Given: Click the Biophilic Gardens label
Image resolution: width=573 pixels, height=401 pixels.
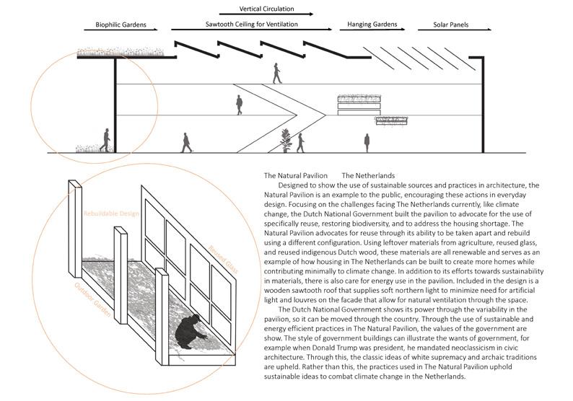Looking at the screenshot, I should coord(126,25).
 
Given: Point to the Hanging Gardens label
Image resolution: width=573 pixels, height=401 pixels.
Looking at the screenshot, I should coord(372,25).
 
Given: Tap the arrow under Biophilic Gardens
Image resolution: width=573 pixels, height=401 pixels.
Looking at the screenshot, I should coord(126,30).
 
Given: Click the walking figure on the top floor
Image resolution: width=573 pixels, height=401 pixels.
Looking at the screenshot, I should coord(277,73).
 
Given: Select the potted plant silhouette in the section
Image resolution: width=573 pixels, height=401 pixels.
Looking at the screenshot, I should coord(286,140).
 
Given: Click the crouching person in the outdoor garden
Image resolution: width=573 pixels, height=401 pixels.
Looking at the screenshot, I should coord(192,332).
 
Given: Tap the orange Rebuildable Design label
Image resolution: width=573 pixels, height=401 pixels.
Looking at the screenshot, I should coord(110,215).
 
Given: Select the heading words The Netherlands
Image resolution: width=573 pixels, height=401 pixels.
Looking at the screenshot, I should coord(368,175).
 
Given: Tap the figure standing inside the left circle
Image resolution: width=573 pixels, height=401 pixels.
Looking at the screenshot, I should coord(106,140).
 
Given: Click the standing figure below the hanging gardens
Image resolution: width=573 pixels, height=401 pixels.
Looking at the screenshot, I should coord(367,141).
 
